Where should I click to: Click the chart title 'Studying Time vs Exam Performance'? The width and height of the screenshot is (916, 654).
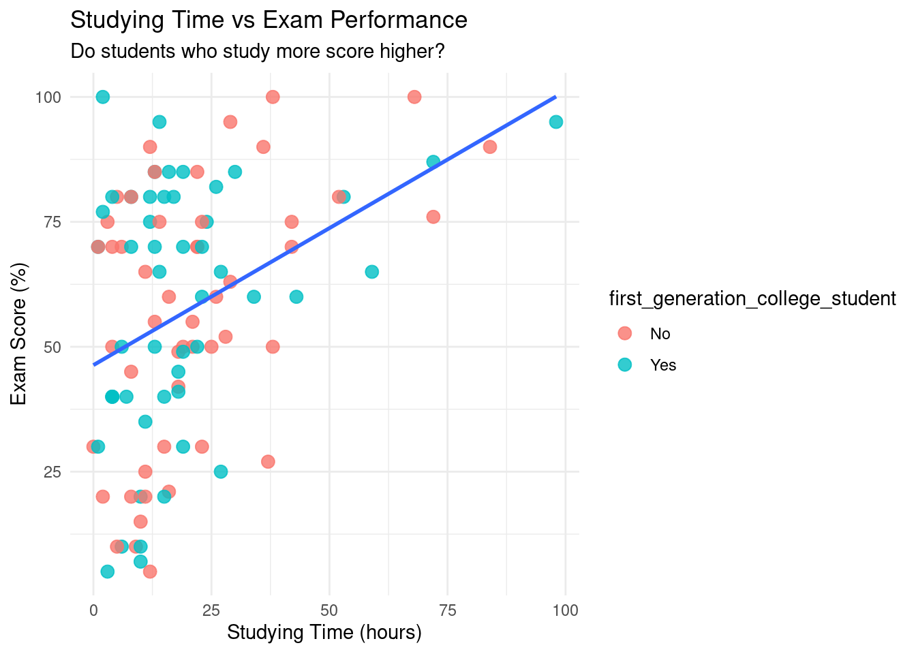269,20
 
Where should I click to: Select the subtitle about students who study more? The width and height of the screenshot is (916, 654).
258,51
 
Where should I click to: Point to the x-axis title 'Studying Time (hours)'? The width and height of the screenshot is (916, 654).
324,632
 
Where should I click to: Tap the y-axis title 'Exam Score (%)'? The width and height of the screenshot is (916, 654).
19,334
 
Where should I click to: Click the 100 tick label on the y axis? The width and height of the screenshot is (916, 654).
48,97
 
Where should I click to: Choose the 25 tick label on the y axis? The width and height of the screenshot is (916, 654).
52,472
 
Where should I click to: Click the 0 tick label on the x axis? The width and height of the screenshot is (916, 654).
93,610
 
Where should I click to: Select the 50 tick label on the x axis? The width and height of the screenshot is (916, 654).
329,610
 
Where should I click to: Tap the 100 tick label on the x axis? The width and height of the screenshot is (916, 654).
565,610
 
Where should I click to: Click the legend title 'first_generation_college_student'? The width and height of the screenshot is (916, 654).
752,298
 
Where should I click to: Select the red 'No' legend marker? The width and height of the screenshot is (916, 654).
624,333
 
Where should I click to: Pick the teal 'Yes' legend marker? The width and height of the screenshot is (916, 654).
624,364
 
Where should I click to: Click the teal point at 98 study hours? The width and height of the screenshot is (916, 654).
556,122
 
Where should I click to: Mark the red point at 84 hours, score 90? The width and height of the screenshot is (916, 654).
490,147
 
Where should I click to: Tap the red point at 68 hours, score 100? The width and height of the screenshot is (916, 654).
414,97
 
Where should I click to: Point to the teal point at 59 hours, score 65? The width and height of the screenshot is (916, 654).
371,272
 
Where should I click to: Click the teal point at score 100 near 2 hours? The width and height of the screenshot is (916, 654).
103,97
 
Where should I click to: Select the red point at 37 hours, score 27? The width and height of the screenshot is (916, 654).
268,462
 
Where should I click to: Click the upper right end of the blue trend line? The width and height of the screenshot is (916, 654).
555,97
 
